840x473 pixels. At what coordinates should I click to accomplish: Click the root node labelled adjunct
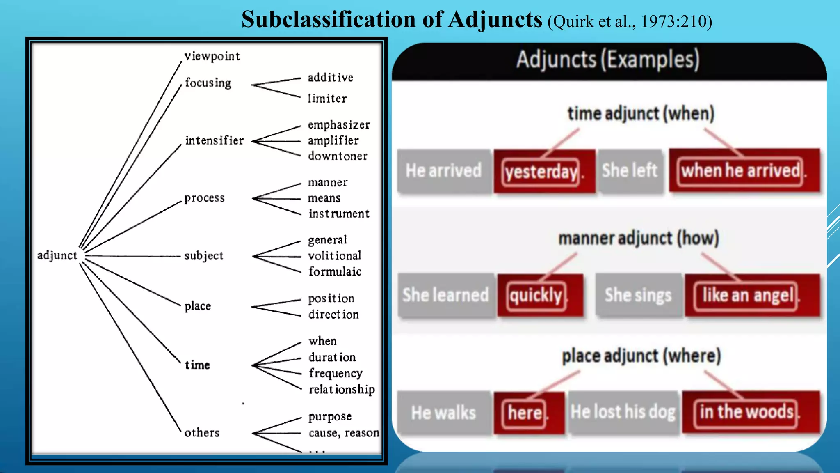[57, 255]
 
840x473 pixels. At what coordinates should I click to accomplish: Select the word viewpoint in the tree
[212, 56]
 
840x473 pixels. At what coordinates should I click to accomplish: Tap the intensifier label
[214, 140]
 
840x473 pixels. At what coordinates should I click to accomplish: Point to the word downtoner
[338, 156]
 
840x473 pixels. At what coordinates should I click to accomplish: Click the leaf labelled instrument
[339, 214]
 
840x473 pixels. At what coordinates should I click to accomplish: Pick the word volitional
[335, 256]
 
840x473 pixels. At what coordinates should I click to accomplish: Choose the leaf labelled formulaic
[335, 271]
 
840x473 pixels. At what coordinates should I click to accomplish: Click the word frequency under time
[336, 373]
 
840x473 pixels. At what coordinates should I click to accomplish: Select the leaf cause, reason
[344, 433]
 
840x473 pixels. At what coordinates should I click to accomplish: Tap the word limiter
[327, 99]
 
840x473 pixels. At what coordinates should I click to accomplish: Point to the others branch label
[202, 433]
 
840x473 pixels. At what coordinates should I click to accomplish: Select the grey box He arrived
[444, 171]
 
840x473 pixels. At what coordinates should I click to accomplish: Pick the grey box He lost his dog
[623, 412]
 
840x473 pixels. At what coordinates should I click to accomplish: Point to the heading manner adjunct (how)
[639, 239]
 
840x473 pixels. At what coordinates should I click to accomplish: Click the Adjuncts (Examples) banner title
[608, 60]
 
